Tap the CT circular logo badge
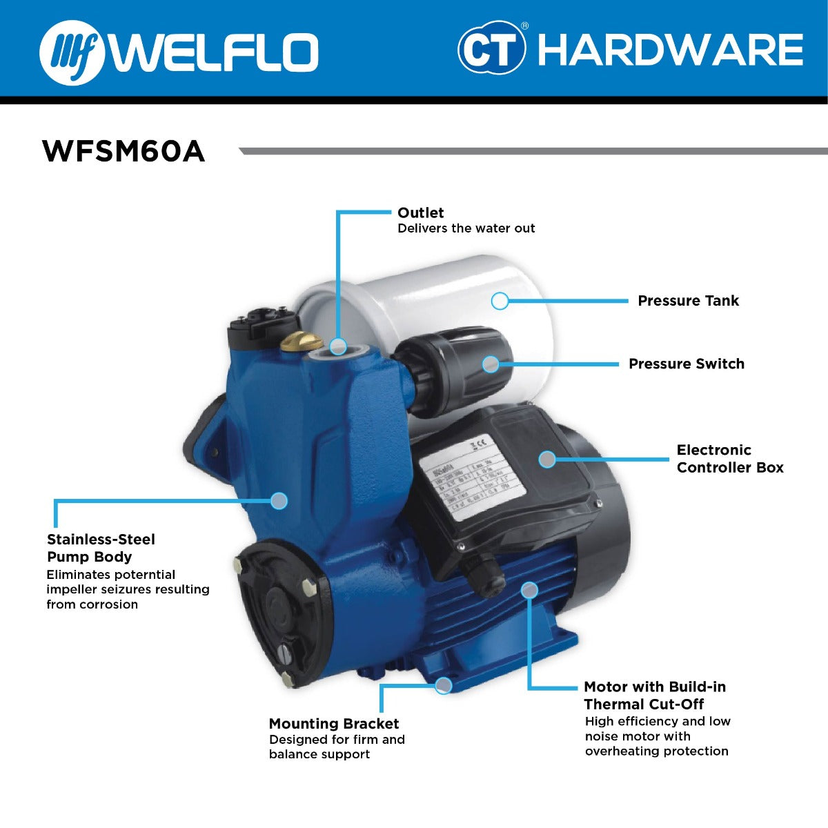point(491,48)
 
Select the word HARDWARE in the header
point(669,50)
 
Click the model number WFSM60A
point(124,151)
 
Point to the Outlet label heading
point(420,213)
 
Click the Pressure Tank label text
point(687,301)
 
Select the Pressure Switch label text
point(686,364)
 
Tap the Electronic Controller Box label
point(729,458)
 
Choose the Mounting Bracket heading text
point(333,723)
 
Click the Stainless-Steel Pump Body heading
point(101,548)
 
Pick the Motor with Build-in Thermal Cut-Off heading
point(654,695)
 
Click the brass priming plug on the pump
point(302,339)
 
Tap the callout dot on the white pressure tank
point(500,301)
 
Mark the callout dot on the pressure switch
point(491,364)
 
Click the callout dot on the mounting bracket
point(444,685)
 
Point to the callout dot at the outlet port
point(338,346)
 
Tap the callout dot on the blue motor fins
point(529,590)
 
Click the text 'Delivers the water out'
point(466,228)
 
